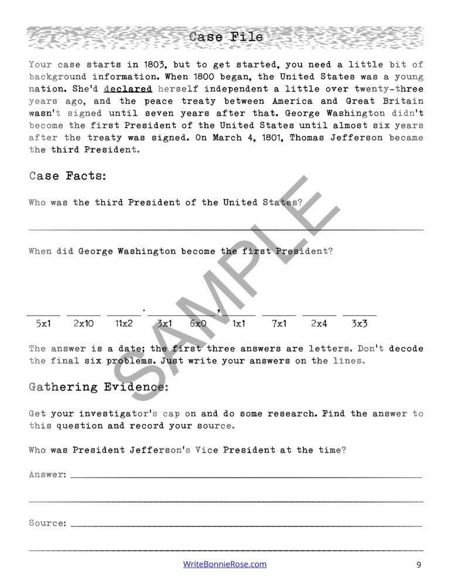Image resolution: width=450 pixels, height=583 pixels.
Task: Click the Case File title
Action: click(x=226, y=38)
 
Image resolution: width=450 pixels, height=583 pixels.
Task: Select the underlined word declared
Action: click(x=128, y=89)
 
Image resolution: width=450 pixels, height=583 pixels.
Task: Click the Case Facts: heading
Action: click(x=67, y=176)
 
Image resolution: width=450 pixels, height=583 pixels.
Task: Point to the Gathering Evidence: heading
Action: click(x=98, y=387)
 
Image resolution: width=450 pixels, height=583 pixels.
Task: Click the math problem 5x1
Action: click(x=44, y=323)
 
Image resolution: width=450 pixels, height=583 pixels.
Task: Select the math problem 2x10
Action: click(x=83, y=323)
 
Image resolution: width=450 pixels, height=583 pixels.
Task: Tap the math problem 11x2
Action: click(x=124, y=323)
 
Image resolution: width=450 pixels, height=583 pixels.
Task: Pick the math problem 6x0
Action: click(x=198, y=323)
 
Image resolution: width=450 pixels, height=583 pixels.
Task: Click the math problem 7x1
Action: click(x=279, y=323)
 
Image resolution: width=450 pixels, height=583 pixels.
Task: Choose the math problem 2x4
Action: click(x=319, y=323)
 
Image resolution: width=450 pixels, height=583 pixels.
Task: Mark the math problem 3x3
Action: click(x=359, y=323)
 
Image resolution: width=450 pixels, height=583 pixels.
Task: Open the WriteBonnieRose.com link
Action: click(x=225, y=564)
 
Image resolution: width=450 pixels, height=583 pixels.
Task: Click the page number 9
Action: click(x=418, y=565)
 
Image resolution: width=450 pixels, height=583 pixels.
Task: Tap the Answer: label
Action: click(x=47, y=474)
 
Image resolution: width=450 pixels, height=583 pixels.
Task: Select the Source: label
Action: click(x=47, y=523)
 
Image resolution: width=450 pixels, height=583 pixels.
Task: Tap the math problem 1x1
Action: click(x=238, y=323)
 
